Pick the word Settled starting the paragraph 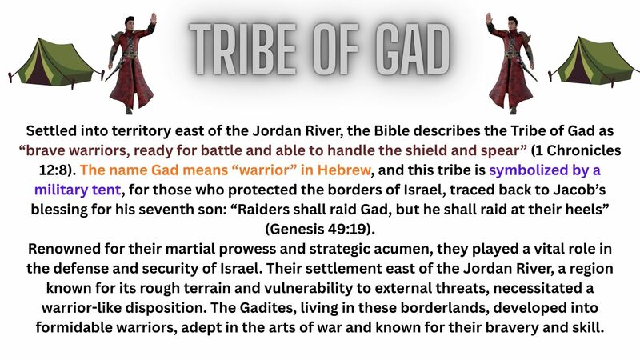click(54, 131)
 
